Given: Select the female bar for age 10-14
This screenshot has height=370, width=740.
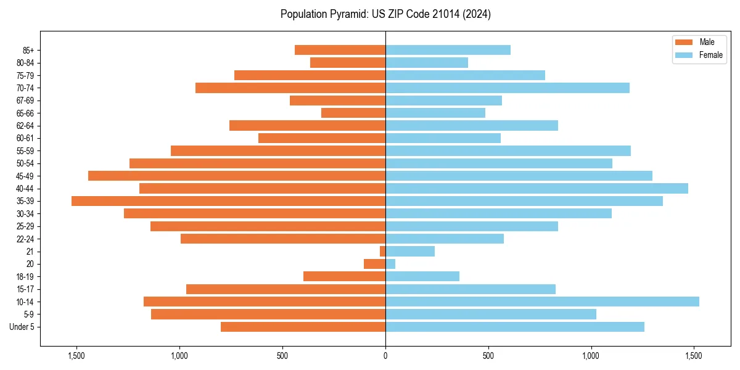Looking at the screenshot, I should tap(542, 302).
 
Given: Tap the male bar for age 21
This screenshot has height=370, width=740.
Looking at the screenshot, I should tap(382, 252).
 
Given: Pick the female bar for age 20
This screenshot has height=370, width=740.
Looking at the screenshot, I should tap(390, 264).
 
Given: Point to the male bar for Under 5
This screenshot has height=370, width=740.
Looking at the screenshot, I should tap(303, 327).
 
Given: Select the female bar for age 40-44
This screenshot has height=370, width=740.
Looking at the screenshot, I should tap(536, 189).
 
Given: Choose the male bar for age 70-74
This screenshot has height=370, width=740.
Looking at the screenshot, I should tap(290, 88).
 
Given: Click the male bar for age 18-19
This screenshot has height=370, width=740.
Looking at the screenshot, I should tap(344, 276).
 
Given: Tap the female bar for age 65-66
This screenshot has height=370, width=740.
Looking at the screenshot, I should tap(435, 113).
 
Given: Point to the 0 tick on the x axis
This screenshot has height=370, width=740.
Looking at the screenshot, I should tap(385, 356).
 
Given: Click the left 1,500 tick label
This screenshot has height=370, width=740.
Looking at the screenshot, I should tap(76, 356).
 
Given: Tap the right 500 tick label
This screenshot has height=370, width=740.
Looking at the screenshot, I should tap(488, 356).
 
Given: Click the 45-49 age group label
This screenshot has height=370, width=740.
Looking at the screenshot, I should tap(25, 176).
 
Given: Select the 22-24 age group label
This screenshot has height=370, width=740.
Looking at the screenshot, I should tap(25, 239).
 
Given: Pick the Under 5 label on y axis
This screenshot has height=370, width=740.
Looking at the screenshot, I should tap(22, 327).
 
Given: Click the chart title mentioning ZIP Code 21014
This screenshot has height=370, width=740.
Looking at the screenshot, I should tap(385, 14).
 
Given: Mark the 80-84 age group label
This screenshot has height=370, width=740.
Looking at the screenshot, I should tap(25, 63).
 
